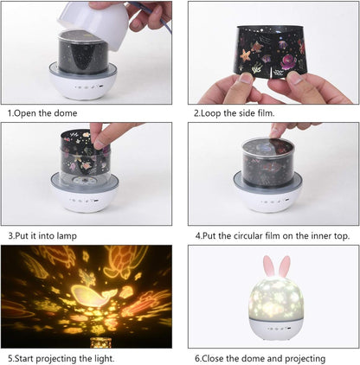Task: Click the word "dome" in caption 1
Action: click(67, 113)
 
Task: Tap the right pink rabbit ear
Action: click(285, 266)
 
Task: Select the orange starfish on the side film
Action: click(245, 55)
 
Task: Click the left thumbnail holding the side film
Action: click(246, 78)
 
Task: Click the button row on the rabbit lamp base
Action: click(278, 329)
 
